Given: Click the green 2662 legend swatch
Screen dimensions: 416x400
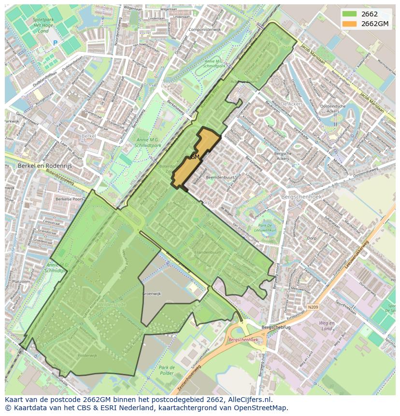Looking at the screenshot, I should pos(350,14).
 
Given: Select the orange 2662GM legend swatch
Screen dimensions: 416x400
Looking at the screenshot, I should pos(350,24).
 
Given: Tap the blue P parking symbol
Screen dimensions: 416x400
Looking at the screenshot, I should pos(55,43).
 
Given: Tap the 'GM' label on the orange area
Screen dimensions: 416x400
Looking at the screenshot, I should pos(195,157).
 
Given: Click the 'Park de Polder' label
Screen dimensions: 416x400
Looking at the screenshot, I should pos(166,370).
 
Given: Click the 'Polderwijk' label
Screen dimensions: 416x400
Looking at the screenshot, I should pos(87,355).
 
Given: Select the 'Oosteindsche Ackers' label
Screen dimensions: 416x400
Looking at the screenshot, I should pos(333,109).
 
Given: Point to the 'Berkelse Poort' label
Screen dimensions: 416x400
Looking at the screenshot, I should pos(69,199).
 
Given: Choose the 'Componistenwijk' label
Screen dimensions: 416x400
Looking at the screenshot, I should pos(204,29).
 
